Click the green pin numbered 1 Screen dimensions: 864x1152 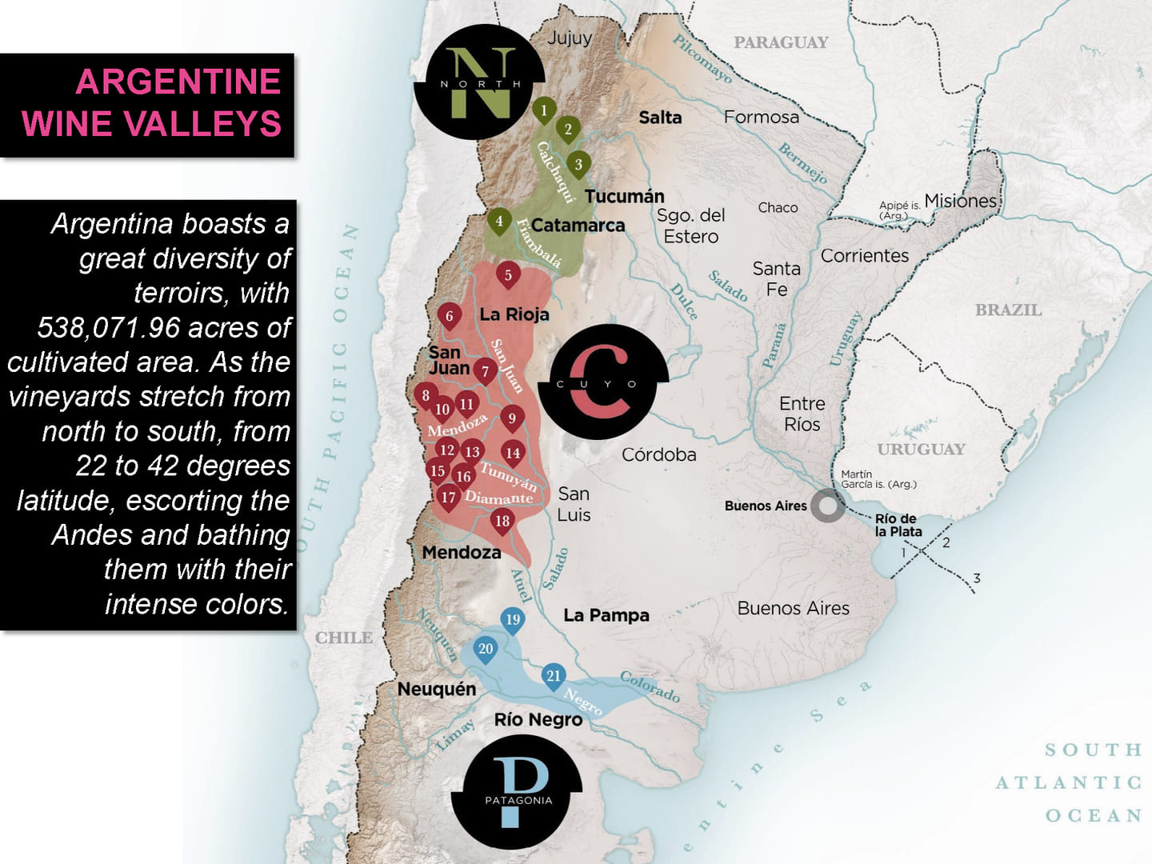click(544, 110)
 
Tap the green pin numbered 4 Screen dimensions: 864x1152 click(499, 221)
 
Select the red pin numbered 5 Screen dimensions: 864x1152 click(508, 275)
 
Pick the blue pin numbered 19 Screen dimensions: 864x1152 click(513, 619)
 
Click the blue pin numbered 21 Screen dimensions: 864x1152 click(554, 676)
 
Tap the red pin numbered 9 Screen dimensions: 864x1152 click(512, 418)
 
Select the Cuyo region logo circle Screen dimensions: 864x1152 click(603, 382)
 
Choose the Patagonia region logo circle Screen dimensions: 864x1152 click(517, 791)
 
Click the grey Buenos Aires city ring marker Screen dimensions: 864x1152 click(828, 506)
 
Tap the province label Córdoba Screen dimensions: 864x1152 click(659, 454)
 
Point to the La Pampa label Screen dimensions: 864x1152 click(606, 615)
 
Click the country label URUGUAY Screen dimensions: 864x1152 click(921, 449)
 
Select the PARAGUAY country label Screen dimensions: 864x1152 click(781, 42)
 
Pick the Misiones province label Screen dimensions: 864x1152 click(960, 201)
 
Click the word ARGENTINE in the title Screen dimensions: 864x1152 click(178, 82)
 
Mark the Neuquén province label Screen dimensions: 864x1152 click(437, 689)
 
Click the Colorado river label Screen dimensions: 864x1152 click(650, 686)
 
